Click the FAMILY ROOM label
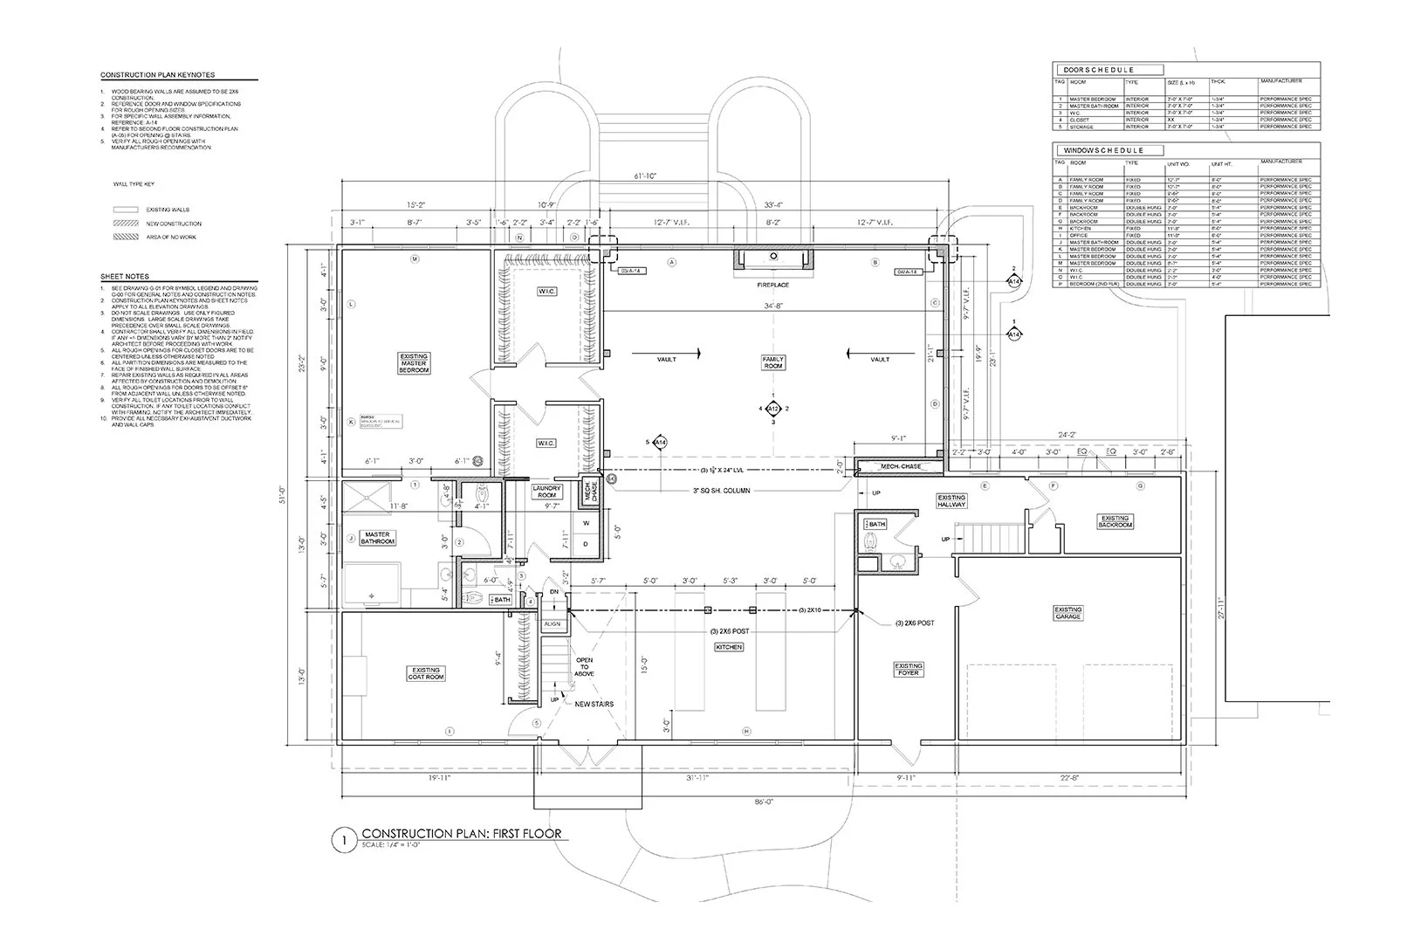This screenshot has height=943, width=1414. pos(773,363)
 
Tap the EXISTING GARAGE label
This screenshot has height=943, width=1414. pos(1067,614)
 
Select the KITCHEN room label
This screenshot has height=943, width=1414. pos(729,647)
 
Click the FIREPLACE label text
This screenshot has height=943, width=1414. pos(773,285)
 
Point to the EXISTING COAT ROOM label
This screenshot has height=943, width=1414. pos(426,674)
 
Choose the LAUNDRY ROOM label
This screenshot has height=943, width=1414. pos(546,492)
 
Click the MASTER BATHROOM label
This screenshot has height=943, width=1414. pos(378,538)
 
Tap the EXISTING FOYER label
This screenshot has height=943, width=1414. pos(909,670)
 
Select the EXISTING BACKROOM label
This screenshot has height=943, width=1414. pos(1115,521)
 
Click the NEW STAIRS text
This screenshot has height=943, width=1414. pos(594,704)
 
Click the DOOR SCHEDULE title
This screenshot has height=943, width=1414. pos(1097,70)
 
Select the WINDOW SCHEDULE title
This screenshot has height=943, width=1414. pos(1102,150)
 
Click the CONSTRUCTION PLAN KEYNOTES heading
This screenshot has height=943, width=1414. pos(157,76)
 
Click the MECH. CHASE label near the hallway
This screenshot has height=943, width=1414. pos(901,467)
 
